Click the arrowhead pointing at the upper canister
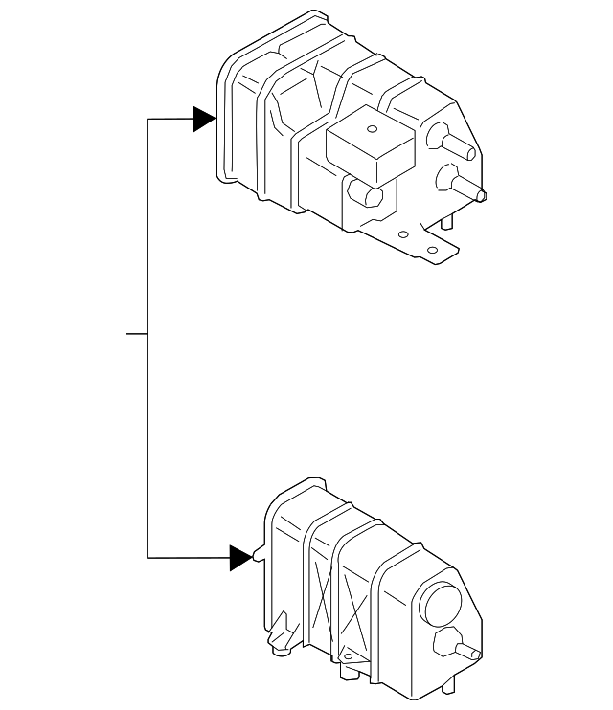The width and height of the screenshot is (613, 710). pyautogui.click(x=202, y=119)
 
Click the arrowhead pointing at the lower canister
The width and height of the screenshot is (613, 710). pyautogui.click(x=240, y=557)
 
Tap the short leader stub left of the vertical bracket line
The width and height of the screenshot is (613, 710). pyautogui.click(x=137, y=334)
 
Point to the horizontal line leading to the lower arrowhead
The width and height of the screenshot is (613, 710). pyautogui.click(x=188, y=557)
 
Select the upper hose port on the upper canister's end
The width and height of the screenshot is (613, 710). pyautogui.click(x=454, y=143)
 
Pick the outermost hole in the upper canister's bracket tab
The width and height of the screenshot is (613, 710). pyautogui.click(x=433, y=250)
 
